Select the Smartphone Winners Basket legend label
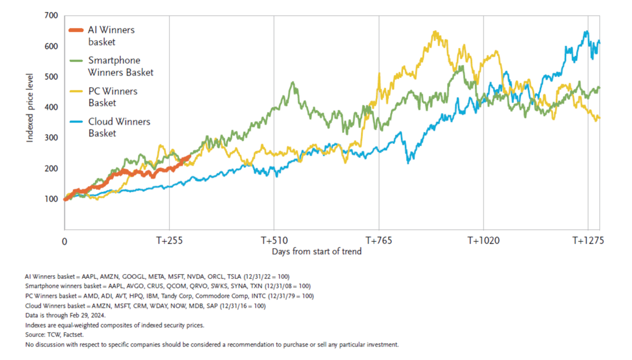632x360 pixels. click(x=121, y=66)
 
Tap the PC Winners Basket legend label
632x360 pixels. click(x=113, y=97)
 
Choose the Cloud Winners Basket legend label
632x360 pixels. click(x=119, y=127)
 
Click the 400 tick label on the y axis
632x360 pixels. click(x=51, y=107)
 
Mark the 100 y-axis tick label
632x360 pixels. click(x=51, y=199)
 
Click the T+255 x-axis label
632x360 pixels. click(x=169, y=241)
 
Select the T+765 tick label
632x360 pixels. click(x=378, y=241)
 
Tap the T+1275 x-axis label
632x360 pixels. click(x=588, y=241)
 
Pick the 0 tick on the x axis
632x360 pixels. click(x=64, y=241)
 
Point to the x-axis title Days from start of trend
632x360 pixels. click(x=316, y=252)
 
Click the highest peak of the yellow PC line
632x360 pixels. click(x=436, y=32)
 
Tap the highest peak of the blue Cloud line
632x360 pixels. click(x=587, y=32)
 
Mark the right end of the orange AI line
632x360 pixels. click(x=189, y=156)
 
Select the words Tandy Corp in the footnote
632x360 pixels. click(x=163, y=296)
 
